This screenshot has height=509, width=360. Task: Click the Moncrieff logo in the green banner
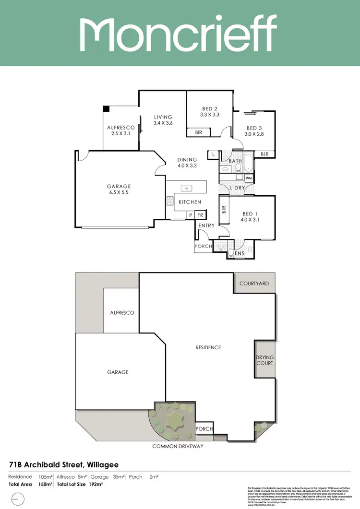tap(178, 33)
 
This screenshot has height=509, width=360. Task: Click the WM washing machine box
tap(248, 178)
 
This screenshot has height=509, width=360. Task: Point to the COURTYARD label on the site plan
tap(254, 284)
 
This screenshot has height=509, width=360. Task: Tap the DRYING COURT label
tap(264, 360)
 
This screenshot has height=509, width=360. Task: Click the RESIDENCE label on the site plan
tap(208, 347)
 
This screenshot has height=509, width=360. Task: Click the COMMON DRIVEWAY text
tap(178, 446)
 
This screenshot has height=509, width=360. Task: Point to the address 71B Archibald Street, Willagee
tap(63, 464)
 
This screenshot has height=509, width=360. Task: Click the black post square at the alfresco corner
tap(107, 109)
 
